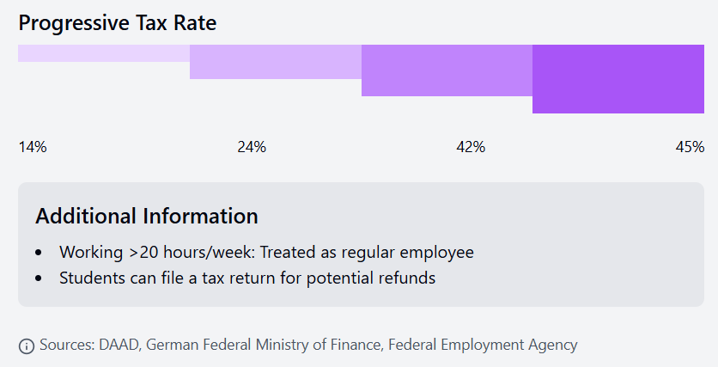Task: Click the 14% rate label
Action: point(33,147)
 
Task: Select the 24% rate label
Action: point(252,147)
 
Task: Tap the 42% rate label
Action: point(471,147)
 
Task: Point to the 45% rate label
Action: point(690,147)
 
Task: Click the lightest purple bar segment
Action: point(104,53)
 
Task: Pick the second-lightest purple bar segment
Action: point(276,62)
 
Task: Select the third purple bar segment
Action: point(447,70)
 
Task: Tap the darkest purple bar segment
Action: point(618,79)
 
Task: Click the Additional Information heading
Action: point(147,216)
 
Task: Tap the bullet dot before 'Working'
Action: point(39,254)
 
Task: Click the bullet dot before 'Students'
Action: point(39,278)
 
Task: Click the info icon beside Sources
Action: point(27,346)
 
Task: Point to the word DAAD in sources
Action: point(117,345)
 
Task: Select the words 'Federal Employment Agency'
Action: point(483,345)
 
